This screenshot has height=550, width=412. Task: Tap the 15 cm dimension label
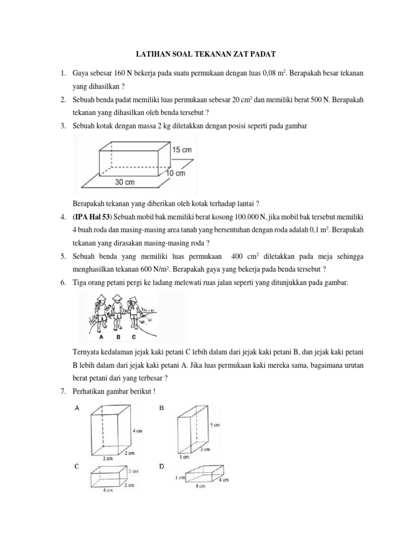[x=182, y=150]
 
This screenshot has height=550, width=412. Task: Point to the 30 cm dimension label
[x=126, y=182]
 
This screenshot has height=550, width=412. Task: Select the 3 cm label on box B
[x=205, y=448]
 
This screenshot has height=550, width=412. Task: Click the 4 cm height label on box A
[x=136, y=431]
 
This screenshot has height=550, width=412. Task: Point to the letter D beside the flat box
[x=162, y=467]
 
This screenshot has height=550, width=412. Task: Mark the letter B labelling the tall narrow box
[x=162, y=408]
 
